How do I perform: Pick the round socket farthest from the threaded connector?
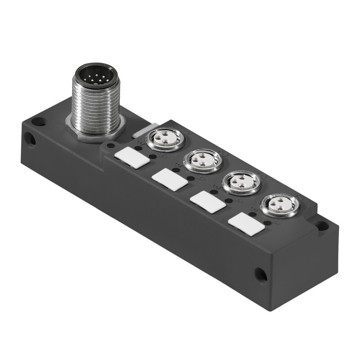280,205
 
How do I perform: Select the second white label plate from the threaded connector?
169,180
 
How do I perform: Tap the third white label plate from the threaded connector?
208,202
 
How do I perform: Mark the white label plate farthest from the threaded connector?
247,224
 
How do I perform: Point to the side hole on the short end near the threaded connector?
31,139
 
